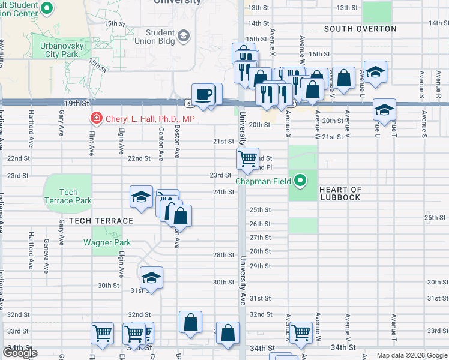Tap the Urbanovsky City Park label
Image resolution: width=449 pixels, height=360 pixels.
(x=62, y=49)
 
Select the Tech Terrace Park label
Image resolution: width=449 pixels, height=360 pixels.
(x=68, y=196)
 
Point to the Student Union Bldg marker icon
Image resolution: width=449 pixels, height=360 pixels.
(x=184, y=37)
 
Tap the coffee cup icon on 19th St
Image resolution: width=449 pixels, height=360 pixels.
(x=205, y=94)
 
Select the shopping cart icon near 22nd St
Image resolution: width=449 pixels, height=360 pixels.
(x=247, y=159)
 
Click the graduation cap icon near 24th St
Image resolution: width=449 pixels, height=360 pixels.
(x=141, y=197)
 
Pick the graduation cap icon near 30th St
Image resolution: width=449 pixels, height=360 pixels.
(x=151, y=278)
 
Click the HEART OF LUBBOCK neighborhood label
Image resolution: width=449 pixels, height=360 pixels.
(x=340, y=193)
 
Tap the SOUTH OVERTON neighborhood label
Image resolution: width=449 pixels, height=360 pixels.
(x=360, y=29)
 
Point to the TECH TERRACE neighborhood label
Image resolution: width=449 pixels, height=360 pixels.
(x=101, y=221)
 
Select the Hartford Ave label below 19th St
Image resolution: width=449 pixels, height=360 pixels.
(x=31, y=127)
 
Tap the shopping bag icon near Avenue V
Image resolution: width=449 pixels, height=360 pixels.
(x=343, y=77)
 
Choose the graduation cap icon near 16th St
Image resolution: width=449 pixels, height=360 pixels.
(x=375, y=72)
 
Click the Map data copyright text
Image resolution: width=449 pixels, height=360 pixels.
(x=412, y=355)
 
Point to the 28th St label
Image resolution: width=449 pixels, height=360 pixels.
(x=224, y=255)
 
